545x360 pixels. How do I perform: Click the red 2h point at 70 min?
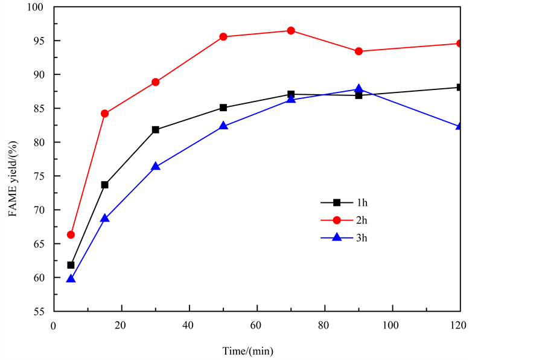tap(291, 31)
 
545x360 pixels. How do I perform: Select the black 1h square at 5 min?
tap(71, 265)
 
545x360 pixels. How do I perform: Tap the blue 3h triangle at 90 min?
tap(359, 89)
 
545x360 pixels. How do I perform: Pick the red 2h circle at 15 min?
tap(104, 114)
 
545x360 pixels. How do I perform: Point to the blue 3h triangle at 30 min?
tap(156, 166)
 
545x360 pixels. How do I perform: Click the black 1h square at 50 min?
tap(223, 108)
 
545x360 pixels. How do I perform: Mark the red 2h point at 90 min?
tap(359, 51)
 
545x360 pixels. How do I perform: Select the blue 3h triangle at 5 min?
tap(71, 278)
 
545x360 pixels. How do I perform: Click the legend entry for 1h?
tap(354, 203)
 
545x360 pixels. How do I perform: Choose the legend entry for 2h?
tap(354, 220)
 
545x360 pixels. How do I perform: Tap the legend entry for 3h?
tap(354, 237)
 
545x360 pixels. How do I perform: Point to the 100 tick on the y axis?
tap(39, 7)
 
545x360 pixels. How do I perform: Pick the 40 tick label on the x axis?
tap(189, 325)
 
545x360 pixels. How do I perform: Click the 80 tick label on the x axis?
tap(325, 325)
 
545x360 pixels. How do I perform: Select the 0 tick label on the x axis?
tap(54, 325)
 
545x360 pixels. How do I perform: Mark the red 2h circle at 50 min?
tap(223, 37)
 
